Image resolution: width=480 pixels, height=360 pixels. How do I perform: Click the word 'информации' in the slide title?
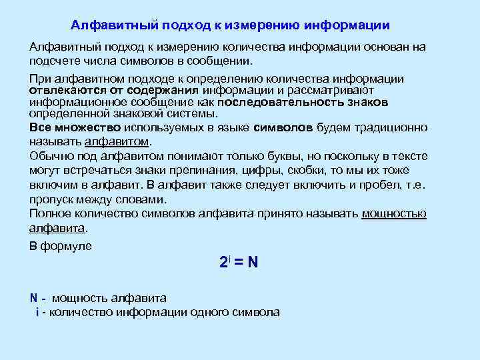click(347, 25)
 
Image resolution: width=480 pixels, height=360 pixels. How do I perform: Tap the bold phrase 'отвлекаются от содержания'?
click(114, 91)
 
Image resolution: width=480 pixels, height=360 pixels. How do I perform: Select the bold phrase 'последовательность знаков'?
click(303, 103)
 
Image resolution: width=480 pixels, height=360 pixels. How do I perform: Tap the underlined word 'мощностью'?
click(394, 214)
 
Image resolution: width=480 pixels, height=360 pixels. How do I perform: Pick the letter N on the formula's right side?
click(253, 262)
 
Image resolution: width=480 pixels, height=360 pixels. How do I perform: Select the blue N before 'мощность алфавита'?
click(34, 297)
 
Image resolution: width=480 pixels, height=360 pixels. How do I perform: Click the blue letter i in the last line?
click(37, 311)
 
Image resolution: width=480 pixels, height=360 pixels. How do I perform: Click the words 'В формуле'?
click(61, 246)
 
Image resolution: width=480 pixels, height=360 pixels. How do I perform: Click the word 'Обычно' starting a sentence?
click(49, 156)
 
